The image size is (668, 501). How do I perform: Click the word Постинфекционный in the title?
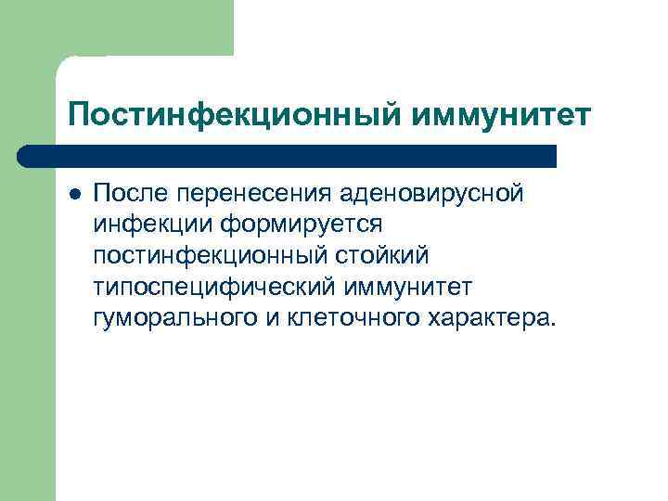click(233, 117)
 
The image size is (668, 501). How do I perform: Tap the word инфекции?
click(141, 225)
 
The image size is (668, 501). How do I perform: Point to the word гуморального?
click(168, 319)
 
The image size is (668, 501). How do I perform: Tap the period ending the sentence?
click(555, 326)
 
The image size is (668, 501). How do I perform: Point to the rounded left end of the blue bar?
click(24, 156)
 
